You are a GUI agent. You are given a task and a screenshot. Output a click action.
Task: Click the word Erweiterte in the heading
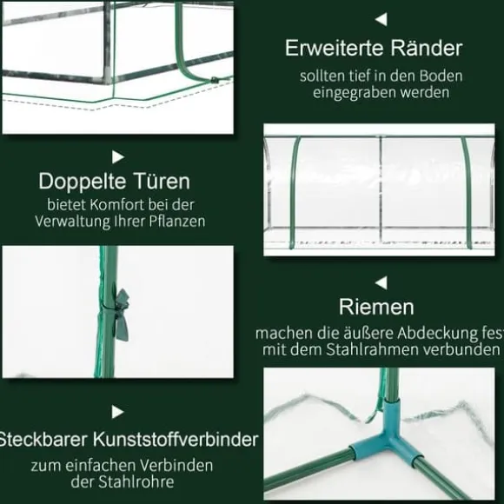pyautogui.click(x=335, y=48)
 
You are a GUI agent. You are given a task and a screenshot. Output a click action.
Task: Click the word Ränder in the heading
pyautogui.click(x=427, y=48)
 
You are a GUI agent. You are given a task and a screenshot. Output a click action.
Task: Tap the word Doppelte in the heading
pyautogui.click(x=82, y=182)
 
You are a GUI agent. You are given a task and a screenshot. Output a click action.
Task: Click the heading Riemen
pyautogui.click(x=376, y=307)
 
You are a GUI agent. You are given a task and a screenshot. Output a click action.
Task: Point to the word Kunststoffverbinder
pyautogui.click(x=176, y=439)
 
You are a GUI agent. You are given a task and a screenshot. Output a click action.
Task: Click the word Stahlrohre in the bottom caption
pyautogui.click(x=136, y=481)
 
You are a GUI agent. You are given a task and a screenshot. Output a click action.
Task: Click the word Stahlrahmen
pyautogui.click(x=372, y=349)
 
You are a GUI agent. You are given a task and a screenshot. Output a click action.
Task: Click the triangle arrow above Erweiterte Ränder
pyautogui.click(x=381, y=19)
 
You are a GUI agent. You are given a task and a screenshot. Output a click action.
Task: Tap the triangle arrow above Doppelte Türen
pyautogui.click(x=118, y=157)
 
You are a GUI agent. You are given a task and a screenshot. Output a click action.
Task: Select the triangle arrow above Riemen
pyautogui.click(x=381, y=283)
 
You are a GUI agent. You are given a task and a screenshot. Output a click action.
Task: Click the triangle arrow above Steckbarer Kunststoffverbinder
pyautogui.click(x=117, y=412)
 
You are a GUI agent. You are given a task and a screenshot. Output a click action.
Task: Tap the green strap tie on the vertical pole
pyautogui.click(x=122, y=315)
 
